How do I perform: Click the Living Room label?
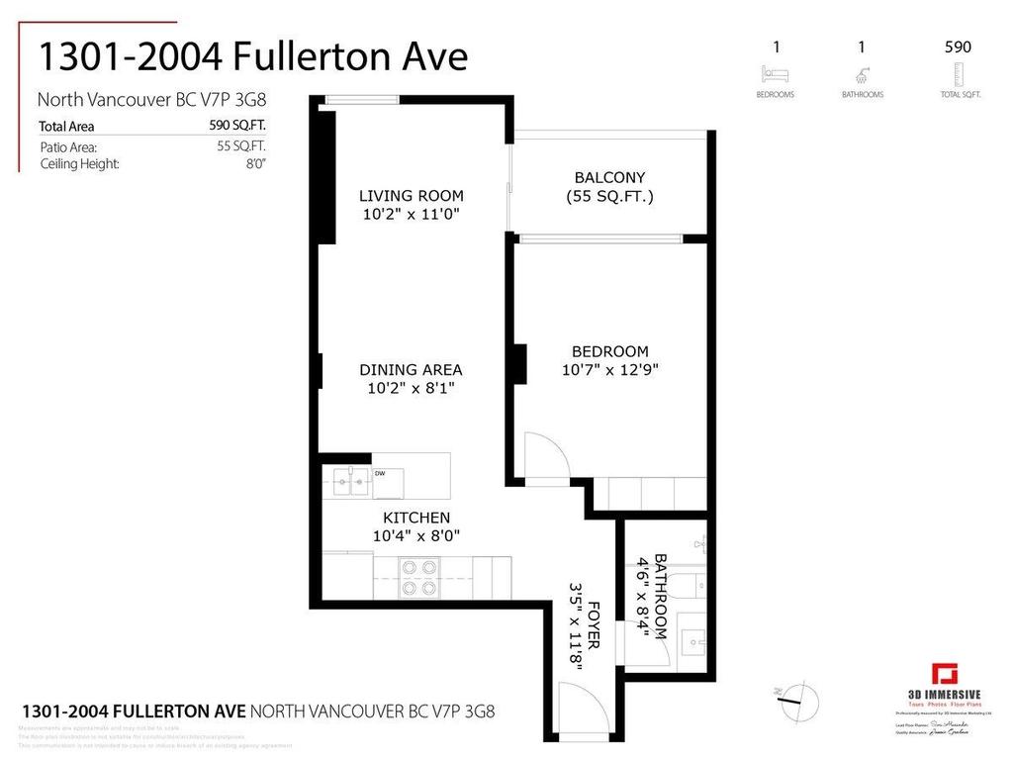pos(411,196)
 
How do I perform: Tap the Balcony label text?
pos(609,177)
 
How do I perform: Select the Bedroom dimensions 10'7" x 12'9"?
pos(609,370)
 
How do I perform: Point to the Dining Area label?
pos(411,370)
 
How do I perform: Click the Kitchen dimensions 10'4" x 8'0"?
pos(416,535)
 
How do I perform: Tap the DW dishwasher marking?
pos(380,473)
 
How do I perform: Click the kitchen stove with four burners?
pos(417,577)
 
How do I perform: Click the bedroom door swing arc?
pos(545,455)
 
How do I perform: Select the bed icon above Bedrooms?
pos(775,73)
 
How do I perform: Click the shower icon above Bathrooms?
pos(863,73)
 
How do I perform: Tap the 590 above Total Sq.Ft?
pos(958,47)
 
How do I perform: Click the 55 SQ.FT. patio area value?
pos(241,145)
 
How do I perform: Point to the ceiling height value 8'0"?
pos(255,163)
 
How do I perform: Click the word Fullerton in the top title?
pos(303,56)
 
